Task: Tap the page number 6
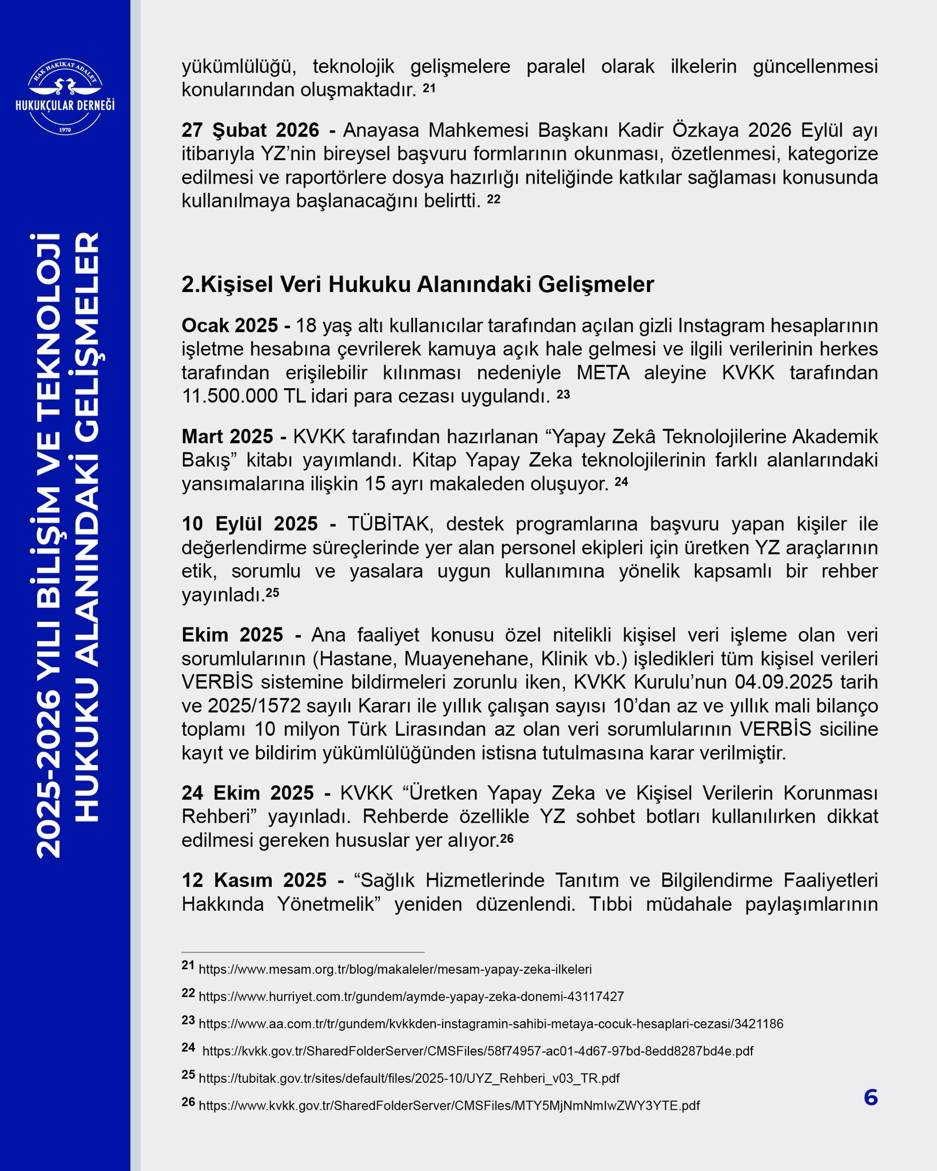pyautogui.click(x=870, y=1098)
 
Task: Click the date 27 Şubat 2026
pyautogui.click(x=250, y=130)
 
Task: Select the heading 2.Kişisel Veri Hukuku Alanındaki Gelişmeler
pyautogui.click(x=418, y=284)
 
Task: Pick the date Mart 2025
pyautogui.click(x=227, y=436)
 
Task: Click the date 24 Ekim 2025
pyautogui.click(x=248, y=793)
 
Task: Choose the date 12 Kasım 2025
pyautogui.click(x=254, y=880)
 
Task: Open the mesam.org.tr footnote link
pyautogui.click(x=395, y=969)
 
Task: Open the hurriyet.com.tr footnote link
pyautogui.click(x=411, y=997)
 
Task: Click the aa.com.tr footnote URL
pyautogui.click(x=491, y=1023)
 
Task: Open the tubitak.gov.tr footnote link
pyautogui.click(x=409, y=1078)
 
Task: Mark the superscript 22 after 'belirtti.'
pyautogui.click(x=494, y=198)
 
